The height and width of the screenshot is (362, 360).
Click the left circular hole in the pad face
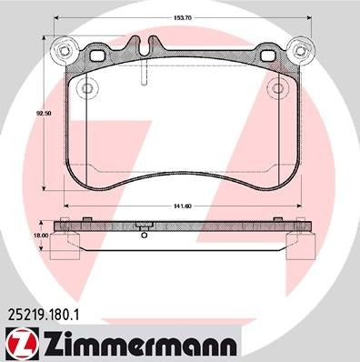(87, 89)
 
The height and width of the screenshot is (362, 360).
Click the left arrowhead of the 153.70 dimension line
(58, 19)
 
